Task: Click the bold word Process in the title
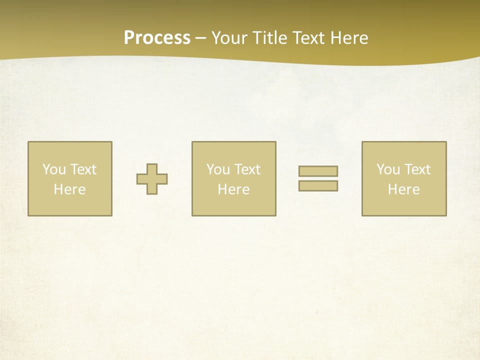click(x=157, y=38)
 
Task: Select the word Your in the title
click(x=227, y=38)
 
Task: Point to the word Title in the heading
click(x=267, y=38)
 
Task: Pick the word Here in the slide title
click(x=349, y=38)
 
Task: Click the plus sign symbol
click(x=152, y=179)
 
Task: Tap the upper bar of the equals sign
click(x=318, y=171)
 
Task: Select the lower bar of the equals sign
click(x=318, y=185)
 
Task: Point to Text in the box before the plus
click(x=83, y=169)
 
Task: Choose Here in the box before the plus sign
click(x=69, y=189)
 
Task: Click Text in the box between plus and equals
click(x=247, y=169)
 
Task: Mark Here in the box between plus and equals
click(x=233, y=189)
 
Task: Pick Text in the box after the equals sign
click(x=417, y=169)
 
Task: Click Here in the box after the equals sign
click(x=403, y=189)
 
